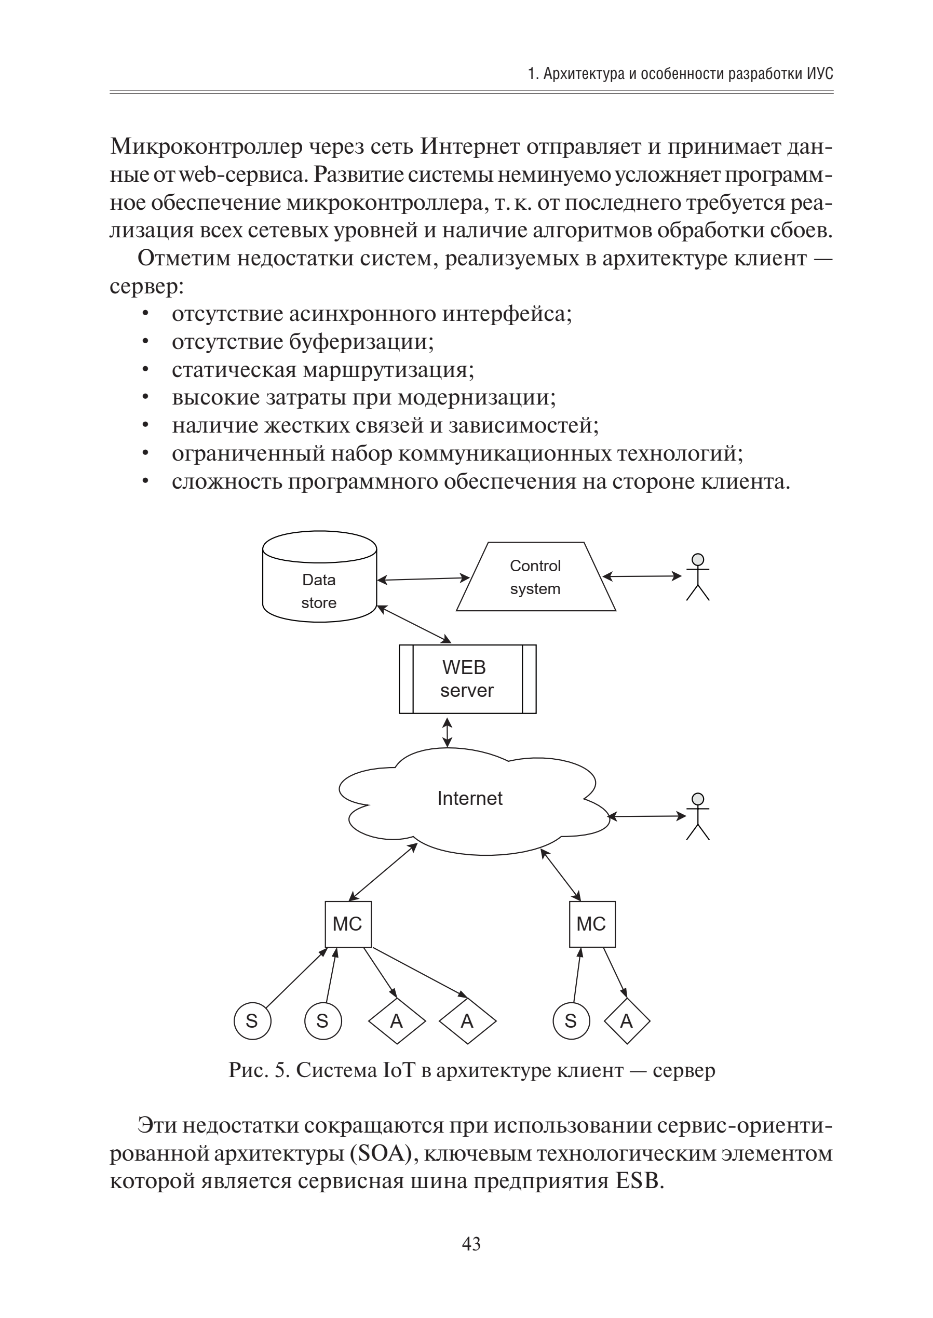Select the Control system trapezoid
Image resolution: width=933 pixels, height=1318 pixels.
[535, 577]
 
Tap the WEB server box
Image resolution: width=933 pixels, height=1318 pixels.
[467, 679]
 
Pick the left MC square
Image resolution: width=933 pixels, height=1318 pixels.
[348, 924]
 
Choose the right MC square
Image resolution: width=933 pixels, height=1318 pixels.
[592, 924]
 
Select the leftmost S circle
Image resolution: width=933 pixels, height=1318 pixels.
[252, 1021]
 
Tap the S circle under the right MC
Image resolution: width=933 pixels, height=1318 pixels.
[571, 1021]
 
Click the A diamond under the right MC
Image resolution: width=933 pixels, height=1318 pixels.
[626, 1021]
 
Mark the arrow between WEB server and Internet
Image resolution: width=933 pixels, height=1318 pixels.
[447, 732]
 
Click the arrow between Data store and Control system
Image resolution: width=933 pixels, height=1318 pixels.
[424, 579]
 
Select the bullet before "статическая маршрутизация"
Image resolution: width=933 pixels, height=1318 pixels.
[146, 370]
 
